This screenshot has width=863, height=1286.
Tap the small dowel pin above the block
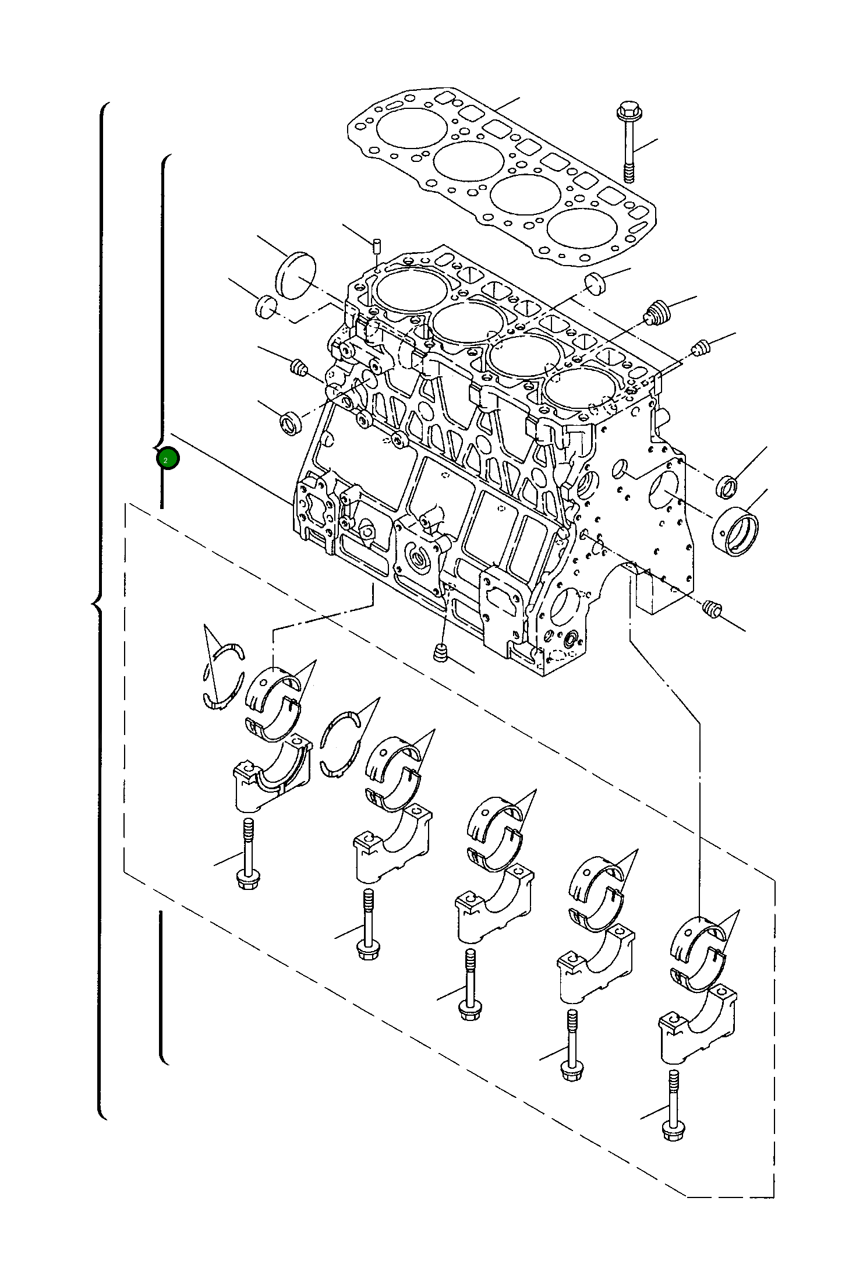pos(377,245)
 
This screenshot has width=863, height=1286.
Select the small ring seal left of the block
pos(291,422)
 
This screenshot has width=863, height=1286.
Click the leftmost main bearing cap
pos(273,775)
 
